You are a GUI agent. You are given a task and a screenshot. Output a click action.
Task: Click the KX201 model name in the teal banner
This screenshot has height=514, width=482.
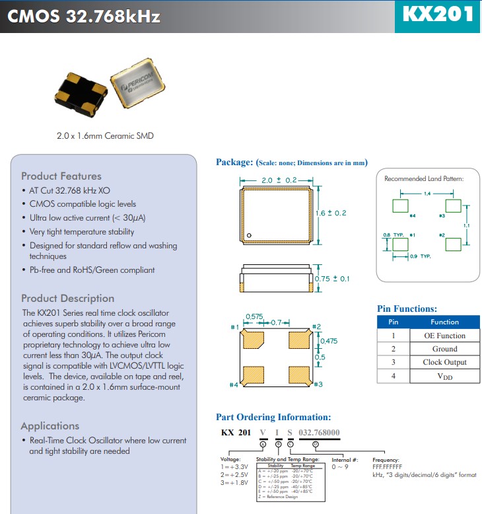(438, 15)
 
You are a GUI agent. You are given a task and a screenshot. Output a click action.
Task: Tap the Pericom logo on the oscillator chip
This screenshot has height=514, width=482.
(140, 87)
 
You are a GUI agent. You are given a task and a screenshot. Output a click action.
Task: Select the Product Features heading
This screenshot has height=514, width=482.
(61, 176)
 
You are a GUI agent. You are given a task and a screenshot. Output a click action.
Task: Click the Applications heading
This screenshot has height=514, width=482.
(50, 425)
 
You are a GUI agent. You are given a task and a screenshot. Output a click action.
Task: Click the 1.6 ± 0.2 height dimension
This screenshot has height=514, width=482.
(331, 213)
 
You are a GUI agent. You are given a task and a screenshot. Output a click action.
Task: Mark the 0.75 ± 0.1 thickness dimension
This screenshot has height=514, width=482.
(332, 279)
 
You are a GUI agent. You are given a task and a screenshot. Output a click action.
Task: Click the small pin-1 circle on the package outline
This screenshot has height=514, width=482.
(250, 235)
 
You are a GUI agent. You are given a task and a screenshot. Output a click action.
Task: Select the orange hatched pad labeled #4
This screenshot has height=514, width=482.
(253, 375)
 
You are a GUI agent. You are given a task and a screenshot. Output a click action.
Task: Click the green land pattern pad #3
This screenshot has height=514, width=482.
(452, 205)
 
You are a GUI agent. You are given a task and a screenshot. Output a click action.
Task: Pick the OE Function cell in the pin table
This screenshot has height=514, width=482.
(444, 336)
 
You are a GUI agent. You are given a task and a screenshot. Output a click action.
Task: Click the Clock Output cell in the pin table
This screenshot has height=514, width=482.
(444, 362)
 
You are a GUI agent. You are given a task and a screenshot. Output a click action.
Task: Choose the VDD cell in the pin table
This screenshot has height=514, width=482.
(444, 376)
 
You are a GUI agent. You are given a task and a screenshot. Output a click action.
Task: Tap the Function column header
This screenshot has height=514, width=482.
(444, 322)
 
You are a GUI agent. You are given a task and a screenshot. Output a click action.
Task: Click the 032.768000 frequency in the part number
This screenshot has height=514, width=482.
(320, 432)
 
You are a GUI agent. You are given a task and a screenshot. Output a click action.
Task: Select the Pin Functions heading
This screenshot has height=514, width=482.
(407, 309)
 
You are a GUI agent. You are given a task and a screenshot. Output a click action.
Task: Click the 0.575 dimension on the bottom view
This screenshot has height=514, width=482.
(254, 317)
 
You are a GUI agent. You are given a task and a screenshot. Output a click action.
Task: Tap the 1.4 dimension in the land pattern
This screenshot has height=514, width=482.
(427, 194)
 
